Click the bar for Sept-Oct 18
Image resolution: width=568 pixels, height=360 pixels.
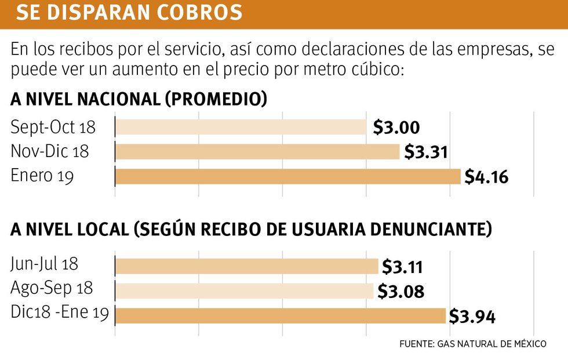click(x=241, y=127)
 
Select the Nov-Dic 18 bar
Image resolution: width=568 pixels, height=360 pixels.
click(x=257, y=152)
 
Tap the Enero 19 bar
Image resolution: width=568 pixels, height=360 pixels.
click(x=287, y=176)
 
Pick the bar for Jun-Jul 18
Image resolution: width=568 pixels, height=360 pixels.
click(x=246, y=266)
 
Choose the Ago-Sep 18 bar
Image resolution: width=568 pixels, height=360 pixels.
click(x=244, y=290)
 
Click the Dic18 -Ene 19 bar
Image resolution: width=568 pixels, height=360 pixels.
click(x=281, y=315)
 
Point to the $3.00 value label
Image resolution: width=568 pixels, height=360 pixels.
click(x=396, y=128)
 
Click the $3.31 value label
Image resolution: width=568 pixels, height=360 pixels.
click(x=426, y=152)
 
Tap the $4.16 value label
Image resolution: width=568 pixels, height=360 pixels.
click(x=486, y=177)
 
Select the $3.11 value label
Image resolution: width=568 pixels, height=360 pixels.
click(x=402, y=267)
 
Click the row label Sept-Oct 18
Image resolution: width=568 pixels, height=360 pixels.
click(x=53, y=127)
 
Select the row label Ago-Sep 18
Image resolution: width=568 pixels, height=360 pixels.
click(x=52, y=288)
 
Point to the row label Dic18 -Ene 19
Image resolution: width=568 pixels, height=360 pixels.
click(x=60, y=313)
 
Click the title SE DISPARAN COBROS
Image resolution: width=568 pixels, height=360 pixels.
click(x=129, y=13)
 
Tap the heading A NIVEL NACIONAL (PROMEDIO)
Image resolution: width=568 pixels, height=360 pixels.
click(x=139, y=99)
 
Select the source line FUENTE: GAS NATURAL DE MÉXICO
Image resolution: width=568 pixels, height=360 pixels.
click(x=472, y=344)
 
